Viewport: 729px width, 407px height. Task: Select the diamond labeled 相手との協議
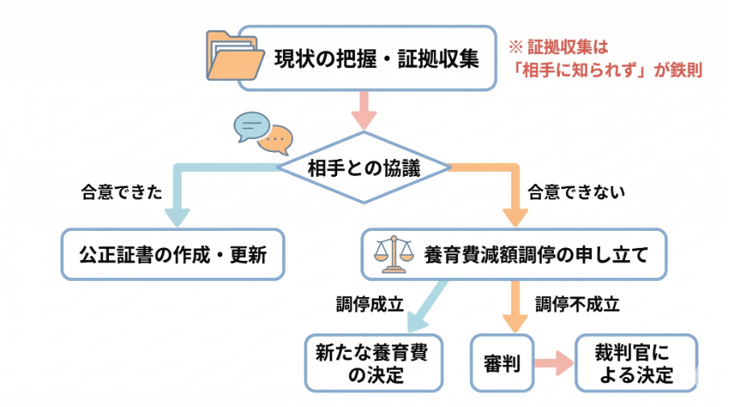364,168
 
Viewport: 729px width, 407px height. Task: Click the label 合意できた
110,193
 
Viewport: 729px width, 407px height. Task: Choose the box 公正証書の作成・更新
173,254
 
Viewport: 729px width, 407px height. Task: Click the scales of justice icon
389,254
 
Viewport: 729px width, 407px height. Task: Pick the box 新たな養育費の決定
374,363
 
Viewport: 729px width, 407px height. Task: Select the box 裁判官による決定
635,363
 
